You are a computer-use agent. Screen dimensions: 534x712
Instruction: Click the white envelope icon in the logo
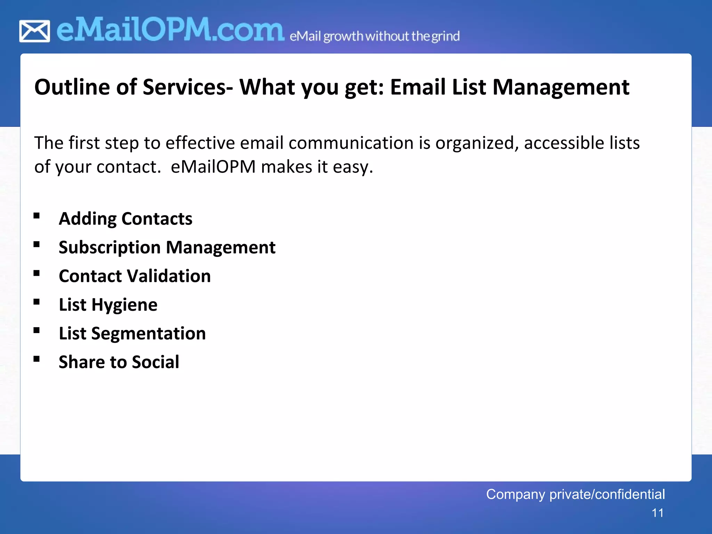click(x=34, y=31)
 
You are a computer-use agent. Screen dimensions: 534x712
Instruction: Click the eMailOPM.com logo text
click(x=170, y=30)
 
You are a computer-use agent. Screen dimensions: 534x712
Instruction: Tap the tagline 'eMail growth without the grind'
click(x=374, y=36)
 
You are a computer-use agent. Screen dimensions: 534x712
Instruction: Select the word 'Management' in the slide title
click(x=561, y=87)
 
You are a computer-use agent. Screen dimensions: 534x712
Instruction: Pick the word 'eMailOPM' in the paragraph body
click(x=213, y=167)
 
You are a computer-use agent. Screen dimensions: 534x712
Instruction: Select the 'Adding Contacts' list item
click(x=126, y=219)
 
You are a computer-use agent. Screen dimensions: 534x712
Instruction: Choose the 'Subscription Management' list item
click(x=167, y=248)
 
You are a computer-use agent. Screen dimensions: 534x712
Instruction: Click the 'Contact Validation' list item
click(x=135, y=276)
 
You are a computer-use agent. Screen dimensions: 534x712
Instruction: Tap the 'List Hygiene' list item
click(x=108, y=305)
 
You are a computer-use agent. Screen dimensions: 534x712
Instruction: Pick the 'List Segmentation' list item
click(x=132, y=333)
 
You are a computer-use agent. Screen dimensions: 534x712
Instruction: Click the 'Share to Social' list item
click(x=119, y=362)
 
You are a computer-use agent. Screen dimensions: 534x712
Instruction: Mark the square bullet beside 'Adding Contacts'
click(x=37, y=216)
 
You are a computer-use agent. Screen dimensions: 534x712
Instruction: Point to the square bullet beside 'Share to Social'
click(x=37, y=359)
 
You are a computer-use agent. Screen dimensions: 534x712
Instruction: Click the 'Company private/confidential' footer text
click(x=575, y=494)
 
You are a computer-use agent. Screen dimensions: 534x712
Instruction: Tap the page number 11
click(x=657, y=513)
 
